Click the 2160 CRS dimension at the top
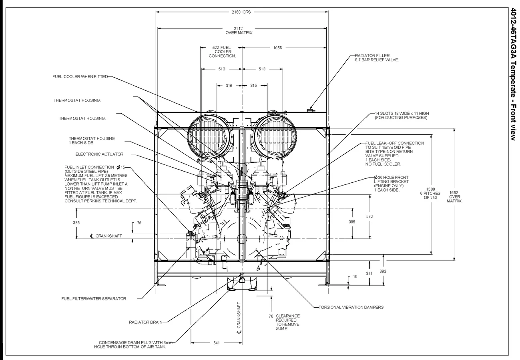(241, 12)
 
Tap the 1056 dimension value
(277, 48)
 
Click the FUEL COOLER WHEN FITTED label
(80, 76)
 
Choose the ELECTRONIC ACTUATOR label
(99, 154)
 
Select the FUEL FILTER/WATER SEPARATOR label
(94, 298)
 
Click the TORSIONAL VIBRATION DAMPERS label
(351, 307)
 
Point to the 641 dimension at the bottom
(217, 343)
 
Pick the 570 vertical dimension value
(369, 216)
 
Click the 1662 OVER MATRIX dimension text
(454, 196)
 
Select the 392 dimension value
(383, 271)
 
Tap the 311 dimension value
(369, 273)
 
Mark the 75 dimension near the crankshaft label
(139, 222)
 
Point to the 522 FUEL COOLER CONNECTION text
(222, 52)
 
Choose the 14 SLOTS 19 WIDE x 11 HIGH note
(401, 116)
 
